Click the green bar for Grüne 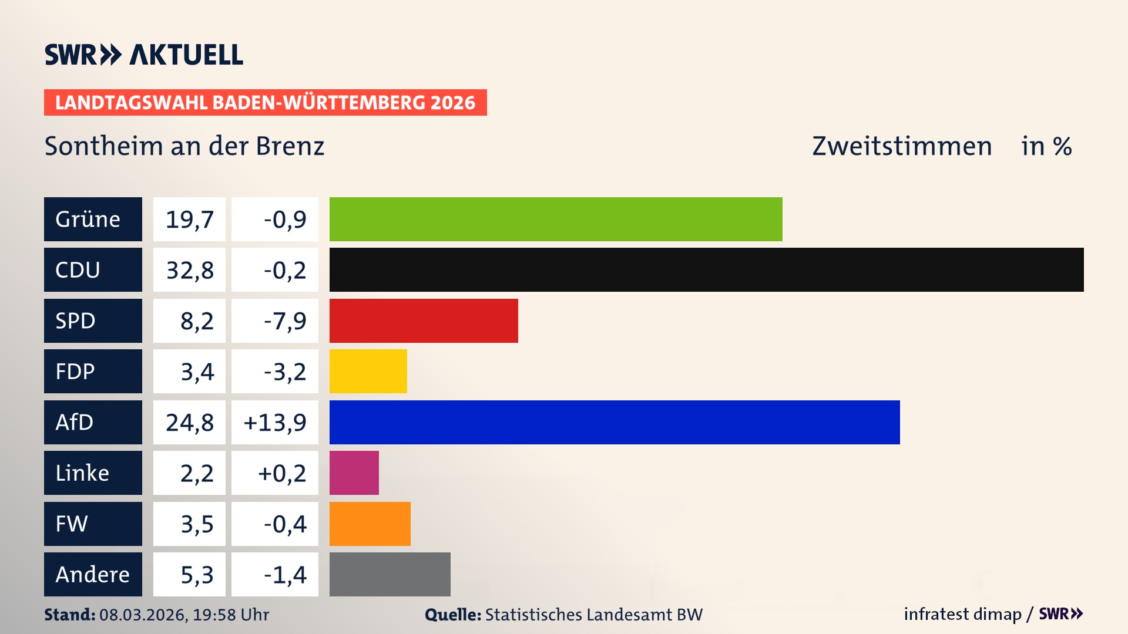(x=555, y=219)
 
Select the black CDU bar (x=706, y=270)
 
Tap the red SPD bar (x=424, y=321)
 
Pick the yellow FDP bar (x=368, y=372)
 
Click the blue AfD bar (x=614, y=422)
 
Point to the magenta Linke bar (x=354, y=473)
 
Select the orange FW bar (x=370, y=524)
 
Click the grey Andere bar (x=390, y=574)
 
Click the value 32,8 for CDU (x=189, y=270)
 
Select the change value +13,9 (x=275, y=422)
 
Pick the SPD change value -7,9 (x=285, y=321)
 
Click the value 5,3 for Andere (x=197, y=574)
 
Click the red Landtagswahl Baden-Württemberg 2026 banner (x=265, y=102)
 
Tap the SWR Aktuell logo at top (x=143, y=55)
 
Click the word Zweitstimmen (x=902, y=146)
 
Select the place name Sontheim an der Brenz (x=184, y=146)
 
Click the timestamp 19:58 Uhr (x=230, y=615)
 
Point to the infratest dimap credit (x=962, y=614)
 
